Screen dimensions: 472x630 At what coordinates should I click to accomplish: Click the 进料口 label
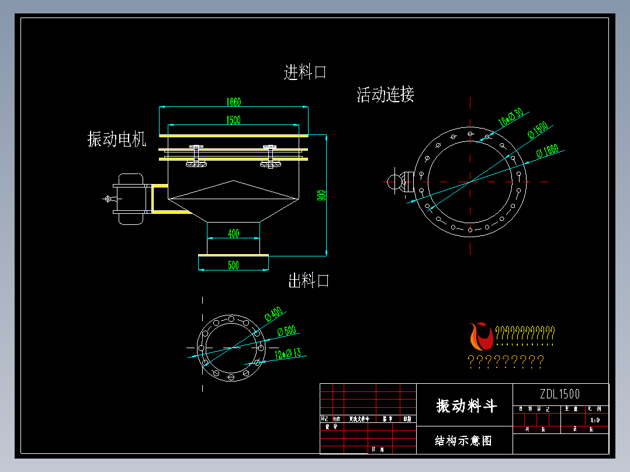[305, 72]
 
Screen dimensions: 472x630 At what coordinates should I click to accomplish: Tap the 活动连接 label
[385, 95]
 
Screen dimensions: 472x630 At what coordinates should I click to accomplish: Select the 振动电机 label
[117, 139]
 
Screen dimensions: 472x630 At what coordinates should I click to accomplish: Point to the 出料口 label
[309, 281]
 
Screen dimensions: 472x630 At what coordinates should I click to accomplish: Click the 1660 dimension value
[233, 102]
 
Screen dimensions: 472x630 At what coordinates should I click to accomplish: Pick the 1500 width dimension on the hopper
[233, 120]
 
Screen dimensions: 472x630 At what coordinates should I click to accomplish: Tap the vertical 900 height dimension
[321, 195]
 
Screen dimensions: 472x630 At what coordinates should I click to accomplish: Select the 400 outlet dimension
[233, 234]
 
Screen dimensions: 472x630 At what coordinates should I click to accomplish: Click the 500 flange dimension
[233, 265]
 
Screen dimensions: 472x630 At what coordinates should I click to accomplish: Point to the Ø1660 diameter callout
[548, 151]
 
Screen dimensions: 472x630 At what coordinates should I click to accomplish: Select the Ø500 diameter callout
[286, 331]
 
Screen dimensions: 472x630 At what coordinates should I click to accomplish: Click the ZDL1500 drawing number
[560, 394]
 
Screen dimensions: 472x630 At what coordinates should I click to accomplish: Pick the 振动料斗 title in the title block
[466, 405]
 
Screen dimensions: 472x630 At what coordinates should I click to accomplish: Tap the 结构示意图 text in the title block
[463, 440]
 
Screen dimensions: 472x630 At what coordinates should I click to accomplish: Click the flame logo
[480, 336]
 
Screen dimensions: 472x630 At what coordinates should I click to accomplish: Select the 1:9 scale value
[595, 419]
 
